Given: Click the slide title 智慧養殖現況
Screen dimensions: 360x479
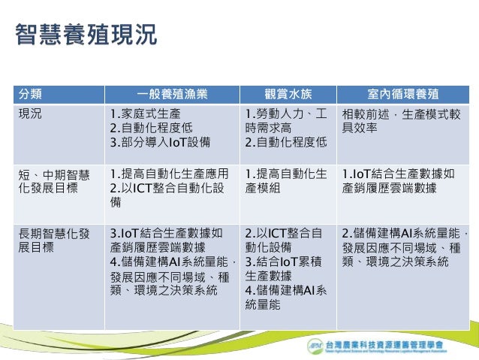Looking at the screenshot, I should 86,36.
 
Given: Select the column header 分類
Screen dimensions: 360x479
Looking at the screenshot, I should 30,95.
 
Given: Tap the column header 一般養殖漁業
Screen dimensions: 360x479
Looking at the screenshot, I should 172,95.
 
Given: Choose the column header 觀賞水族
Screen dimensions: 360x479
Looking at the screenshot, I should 288,95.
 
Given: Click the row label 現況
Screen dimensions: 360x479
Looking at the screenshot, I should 30,114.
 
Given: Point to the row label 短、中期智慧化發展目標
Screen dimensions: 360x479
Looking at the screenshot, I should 53,182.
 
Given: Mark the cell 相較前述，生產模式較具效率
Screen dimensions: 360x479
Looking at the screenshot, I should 401,121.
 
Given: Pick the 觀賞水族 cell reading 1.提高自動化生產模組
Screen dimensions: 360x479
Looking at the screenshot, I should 285,182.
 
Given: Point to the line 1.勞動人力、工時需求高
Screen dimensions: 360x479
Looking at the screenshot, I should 285,121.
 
